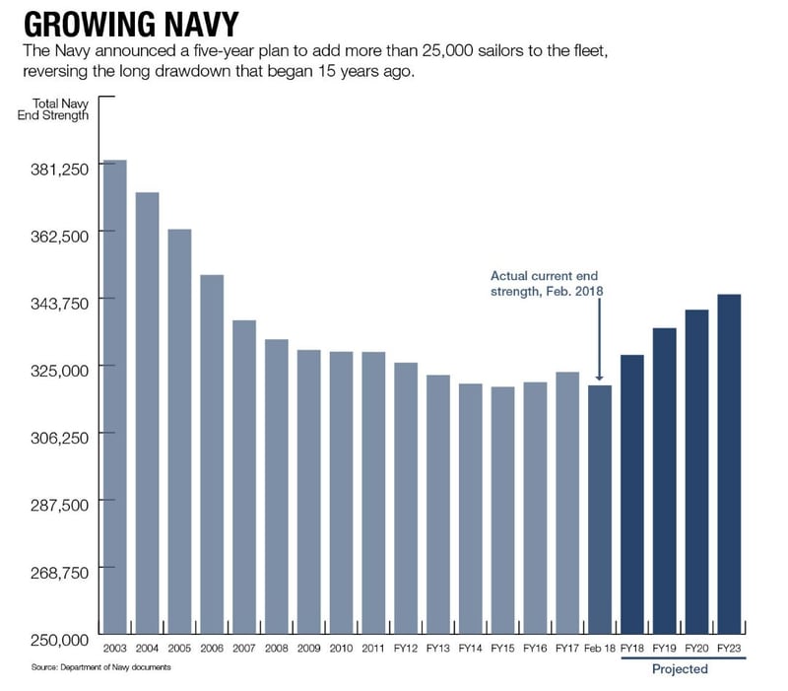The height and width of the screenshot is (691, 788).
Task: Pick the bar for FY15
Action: (502, 512)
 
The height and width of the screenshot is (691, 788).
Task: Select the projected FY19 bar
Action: (664, 482)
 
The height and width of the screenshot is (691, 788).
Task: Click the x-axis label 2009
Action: (308, 649)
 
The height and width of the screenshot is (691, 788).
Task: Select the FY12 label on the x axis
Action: (406, 649)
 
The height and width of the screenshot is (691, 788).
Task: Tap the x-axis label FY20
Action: (696, 649)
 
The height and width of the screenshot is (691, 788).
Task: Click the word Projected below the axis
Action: (680, 669)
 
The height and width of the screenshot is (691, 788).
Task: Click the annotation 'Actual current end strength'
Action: (545, 284)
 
